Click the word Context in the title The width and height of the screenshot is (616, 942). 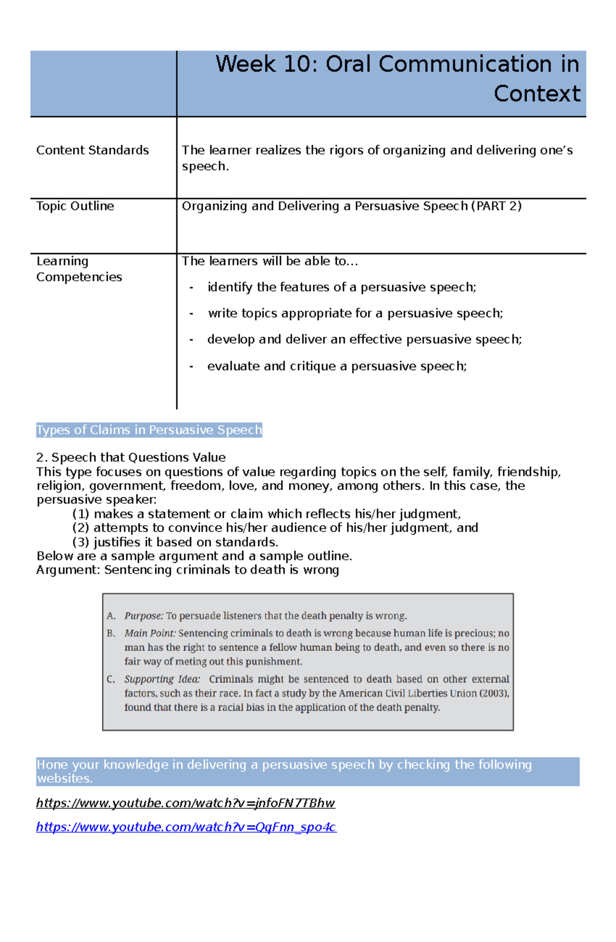[x=536, y=94]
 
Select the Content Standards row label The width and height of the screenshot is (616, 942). [x=92, y=150]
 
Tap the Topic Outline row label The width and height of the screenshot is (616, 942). [x=75, y=206]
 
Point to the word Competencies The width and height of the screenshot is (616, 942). [x=79, y=277]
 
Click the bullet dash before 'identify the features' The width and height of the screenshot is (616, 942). [x=191, y=287]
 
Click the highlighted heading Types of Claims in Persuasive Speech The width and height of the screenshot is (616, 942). [x=149, y=430]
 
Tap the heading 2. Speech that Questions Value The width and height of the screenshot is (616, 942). [x=131, y=457]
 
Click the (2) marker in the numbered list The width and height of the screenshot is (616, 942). [x=81, y=528]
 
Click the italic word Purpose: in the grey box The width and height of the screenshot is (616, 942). [x=144, y=616]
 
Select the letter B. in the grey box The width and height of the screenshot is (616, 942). [x=111, y=633]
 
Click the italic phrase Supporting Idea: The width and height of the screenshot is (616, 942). [x=162, y=679]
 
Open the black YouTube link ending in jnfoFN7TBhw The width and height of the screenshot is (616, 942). [x=185, y=803]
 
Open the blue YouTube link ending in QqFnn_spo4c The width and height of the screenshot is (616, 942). [x=186, y=828]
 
